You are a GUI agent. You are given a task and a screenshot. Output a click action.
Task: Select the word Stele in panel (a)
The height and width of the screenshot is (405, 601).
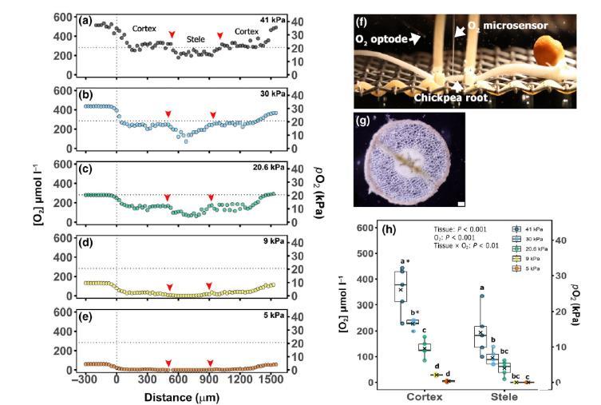point(196,38)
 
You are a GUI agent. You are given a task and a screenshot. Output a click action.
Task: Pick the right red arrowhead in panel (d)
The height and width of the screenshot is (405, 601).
point(209,286)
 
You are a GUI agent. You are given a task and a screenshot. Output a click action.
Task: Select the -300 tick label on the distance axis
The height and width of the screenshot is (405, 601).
point(84,381)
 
